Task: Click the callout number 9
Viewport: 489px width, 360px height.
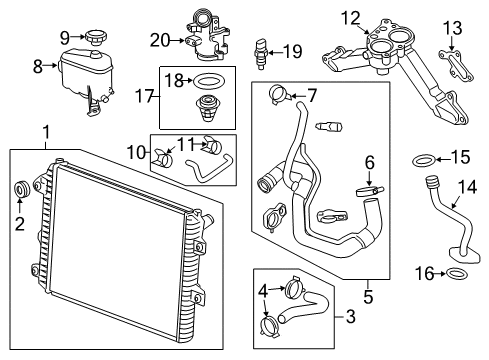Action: (x=65, y=37)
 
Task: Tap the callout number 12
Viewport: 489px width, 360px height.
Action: (x=347, y=17)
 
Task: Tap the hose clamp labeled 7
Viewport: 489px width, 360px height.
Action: (x=282, y=97)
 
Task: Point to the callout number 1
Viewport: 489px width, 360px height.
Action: (x=44, y=132)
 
